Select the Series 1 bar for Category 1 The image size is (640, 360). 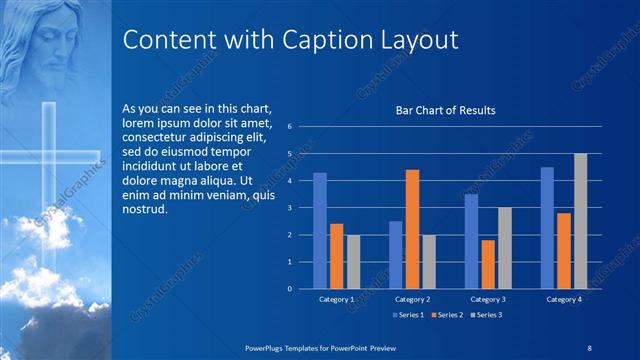coord(320,231)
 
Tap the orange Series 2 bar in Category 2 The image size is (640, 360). coord(412,229)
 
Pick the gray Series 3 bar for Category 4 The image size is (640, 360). coord(580,221)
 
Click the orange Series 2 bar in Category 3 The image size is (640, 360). coord(488,264)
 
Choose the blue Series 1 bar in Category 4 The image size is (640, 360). coord(547,228)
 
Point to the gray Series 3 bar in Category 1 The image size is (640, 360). coord(353,262)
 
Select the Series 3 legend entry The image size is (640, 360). coord(484,315)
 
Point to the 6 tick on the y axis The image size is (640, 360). coord(288,127)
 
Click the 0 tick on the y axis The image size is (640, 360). coord(288,289)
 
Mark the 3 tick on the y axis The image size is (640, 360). coord(288,208)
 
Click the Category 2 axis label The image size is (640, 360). coord(412,299)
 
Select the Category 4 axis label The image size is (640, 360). coord(564,299)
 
